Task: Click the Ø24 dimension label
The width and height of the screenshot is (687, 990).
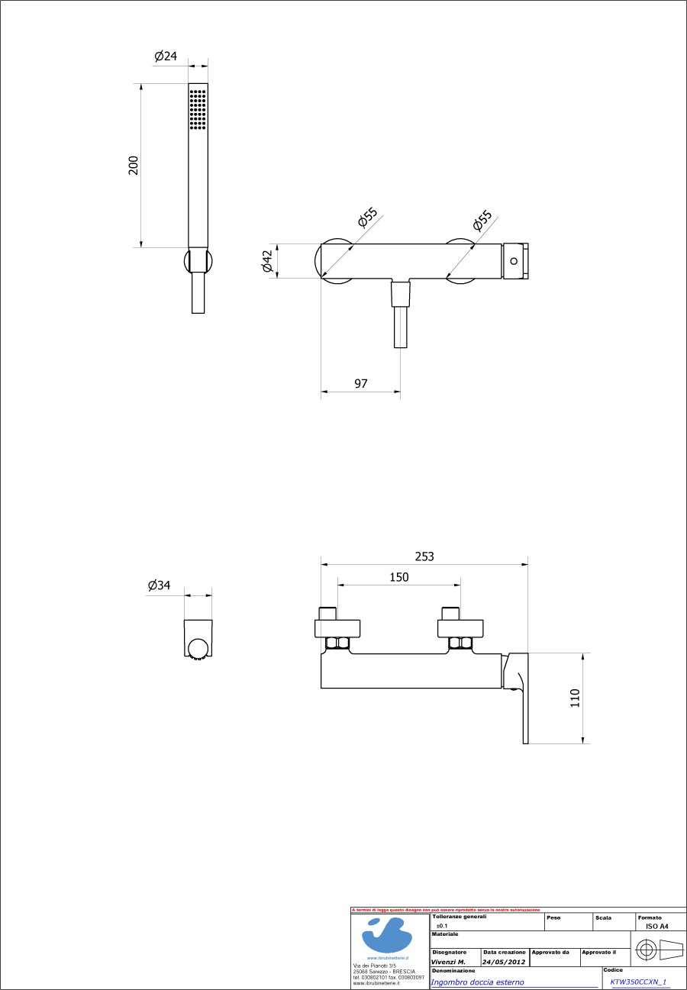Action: pos(166,56)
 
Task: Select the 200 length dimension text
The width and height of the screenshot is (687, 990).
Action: pos(134,166)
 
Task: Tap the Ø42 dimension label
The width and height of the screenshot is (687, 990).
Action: pos(267,261)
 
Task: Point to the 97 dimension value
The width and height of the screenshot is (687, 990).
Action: pos(361,383)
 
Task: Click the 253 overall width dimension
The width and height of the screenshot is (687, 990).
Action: pos(424,556)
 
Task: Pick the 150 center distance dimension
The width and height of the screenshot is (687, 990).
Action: pos(399,577)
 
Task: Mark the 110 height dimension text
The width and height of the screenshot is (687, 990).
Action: pos(575,698)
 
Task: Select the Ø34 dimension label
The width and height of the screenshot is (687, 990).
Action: pos(160,585)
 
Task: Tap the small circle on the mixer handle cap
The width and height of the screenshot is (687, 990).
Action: pos(514,261)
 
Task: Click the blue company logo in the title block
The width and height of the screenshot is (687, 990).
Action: pos(389,934)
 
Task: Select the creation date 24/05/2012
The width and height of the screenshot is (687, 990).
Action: pos(504,962)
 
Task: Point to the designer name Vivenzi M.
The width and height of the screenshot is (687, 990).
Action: pos(448,962)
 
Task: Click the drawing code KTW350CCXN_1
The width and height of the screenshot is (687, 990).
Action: pos(638,982)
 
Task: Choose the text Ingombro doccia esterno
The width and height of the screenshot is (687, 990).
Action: pos(477,982)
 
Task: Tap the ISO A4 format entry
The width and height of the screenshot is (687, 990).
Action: pos(656,926)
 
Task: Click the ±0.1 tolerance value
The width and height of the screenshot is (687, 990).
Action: pos(442,925)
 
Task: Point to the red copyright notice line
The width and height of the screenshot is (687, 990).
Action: pos(446,910)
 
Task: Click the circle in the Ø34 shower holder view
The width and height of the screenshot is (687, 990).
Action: pos(198,648)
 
